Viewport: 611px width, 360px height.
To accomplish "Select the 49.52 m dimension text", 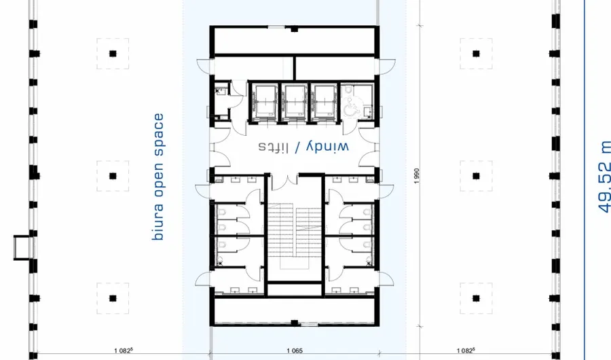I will [x=604, y=175].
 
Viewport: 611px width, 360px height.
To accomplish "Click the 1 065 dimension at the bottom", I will [x=294, y=351].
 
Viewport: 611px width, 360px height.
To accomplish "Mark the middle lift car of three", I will [x=295, y=102].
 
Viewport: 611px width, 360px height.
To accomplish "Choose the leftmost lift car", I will [x=262, y=102].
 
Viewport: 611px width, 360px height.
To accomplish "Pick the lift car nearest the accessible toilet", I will [x=325, y=102].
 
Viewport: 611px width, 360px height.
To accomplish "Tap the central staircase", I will [x=294, y=231].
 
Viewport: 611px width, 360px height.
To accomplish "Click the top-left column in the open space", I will [x=113, y=54].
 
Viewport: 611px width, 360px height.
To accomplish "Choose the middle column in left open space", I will [x=113, y=176].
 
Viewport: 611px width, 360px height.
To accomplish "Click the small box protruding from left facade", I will [x=22, y=246].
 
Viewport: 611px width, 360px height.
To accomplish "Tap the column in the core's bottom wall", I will [x=293, y=322].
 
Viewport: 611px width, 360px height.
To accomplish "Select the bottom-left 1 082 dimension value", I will [x=123, y=351].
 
